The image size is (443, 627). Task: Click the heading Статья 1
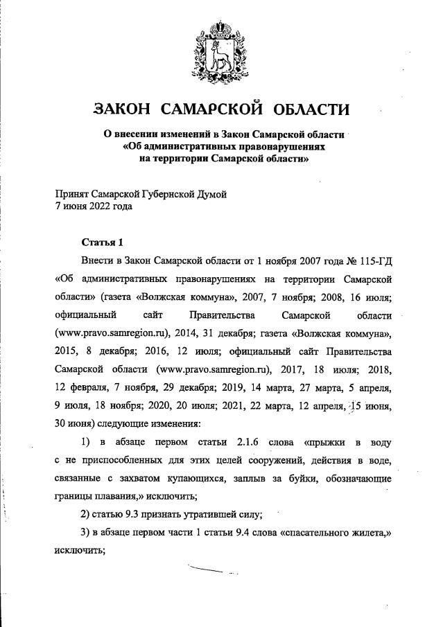click(102, 242)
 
